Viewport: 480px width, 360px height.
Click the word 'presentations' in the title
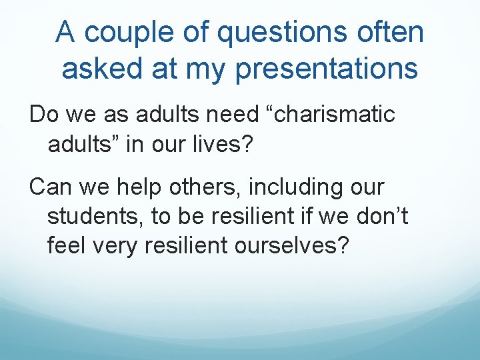point(327,68)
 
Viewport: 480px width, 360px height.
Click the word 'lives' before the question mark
point(223,143)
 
